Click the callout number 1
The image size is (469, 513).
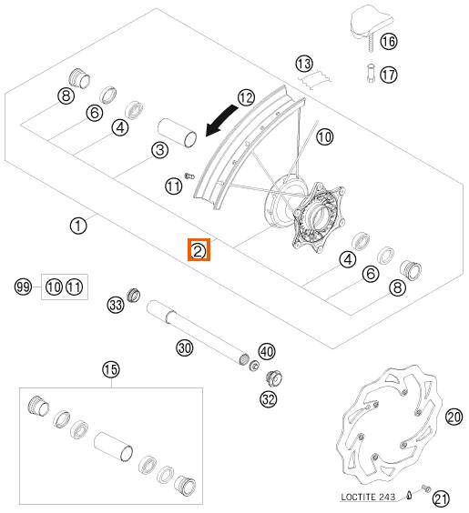tap(78, 226)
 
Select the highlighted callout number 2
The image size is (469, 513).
tap(199, 250)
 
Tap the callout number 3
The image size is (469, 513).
tap(160, 150)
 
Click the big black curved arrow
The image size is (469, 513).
tap(221, 120)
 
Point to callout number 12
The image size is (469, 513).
tap(246, 97)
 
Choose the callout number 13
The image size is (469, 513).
tap(304, 64)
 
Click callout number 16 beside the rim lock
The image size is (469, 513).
tap(389, 42)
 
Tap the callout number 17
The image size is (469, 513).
tap(389, 75)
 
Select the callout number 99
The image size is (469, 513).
tap(24, 287)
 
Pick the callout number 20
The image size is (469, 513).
tap(454, 417)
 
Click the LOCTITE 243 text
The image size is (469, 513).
tap(368, 497)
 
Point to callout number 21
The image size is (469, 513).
tap(441, 499)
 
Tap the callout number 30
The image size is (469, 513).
tap(185, 347)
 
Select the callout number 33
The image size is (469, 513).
tap(116, 305)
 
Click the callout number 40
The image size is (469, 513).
tap(267, 351)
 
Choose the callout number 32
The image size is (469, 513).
tap(269, 399)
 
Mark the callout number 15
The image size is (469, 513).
tap(111, 369)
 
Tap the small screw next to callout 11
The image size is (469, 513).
tap(189, 176)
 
